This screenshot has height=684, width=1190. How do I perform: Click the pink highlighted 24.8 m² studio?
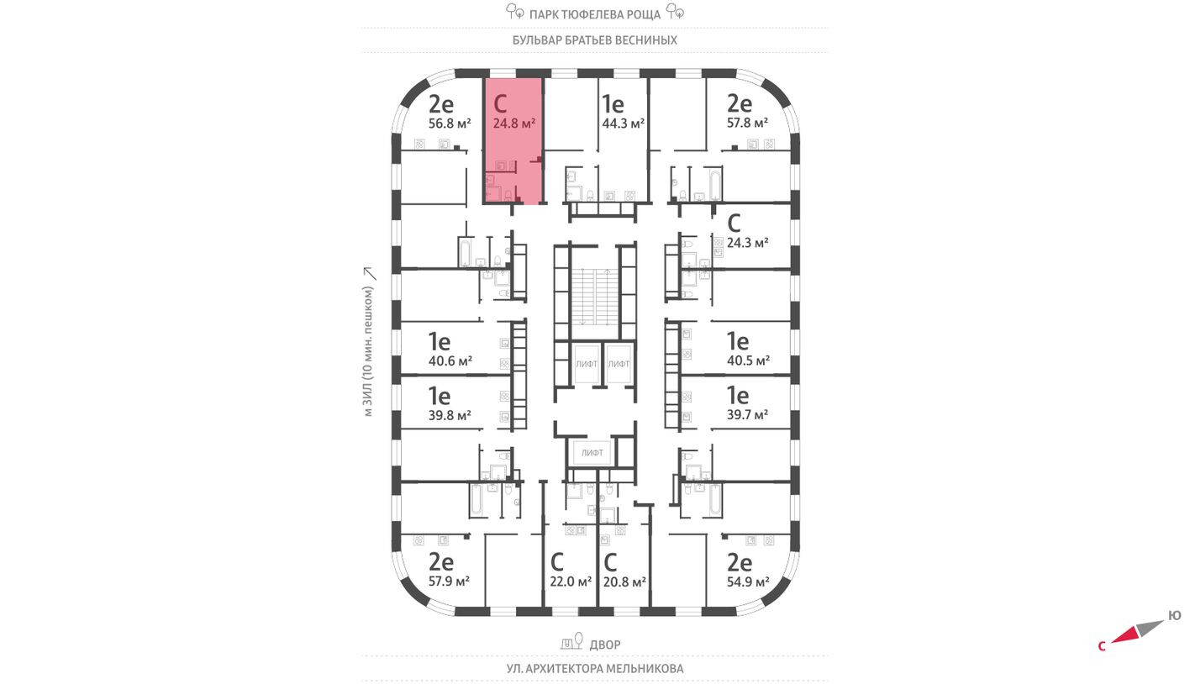click(513, 139)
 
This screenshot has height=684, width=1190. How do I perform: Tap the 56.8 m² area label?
click(449, 124)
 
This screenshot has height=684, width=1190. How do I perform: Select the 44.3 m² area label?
click(623, 124)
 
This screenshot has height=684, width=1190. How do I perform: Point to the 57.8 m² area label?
click(748, 124)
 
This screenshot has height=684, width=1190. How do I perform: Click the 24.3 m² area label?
click(747, 243)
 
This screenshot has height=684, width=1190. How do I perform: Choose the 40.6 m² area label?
click(450, 361)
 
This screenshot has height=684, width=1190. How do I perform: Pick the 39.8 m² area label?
click(449, 415)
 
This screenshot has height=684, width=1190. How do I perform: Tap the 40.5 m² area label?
click(748, 361)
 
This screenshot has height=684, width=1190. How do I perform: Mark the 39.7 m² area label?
click(747, 415)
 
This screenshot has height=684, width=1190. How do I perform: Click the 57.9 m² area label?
click(449, 581)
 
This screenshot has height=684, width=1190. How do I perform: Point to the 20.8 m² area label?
click(624, 581)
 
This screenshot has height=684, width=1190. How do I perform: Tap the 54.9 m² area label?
click(748, 581)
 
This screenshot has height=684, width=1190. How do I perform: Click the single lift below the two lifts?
click(592, 453)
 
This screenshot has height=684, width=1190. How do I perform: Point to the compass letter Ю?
click(1174, 616)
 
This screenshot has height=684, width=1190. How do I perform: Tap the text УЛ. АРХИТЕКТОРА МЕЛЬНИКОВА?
click(594, 669)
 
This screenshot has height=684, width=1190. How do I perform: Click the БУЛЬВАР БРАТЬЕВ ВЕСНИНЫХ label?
click(594, 39)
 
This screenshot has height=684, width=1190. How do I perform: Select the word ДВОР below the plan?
click(605, 645)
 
